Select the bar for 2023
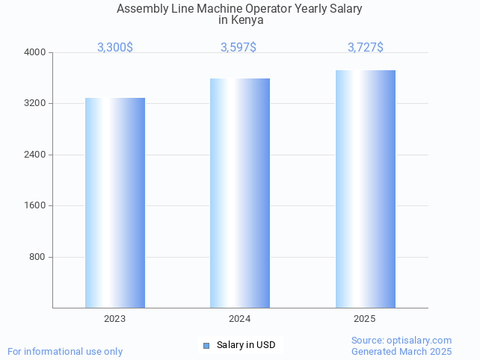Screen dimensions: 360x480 (115, 202)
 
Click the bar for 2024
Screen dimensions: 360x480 (240, 193)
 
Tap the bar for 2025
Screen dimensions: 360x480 (365, 189)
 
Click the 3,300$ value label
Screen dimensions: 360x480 (115, 47)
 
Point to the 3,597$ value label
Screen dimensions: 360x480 (239, 47)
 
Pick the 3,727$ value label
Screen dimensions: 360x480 (366, 47)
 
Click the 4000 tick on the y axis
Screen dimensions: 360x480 (35, 52)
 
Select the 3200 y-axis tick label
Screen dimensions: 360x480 (35, 103)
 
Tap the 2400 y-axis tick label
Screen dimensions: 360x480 (35, 155)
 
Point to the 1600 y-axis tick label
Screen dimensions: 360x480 (35, 205)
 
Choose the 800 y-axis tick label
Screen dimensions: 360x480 (37, 257)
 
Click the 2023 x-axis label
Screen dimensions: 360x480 (115, 319)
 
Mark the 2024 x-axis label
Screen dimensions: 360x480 (240, 319)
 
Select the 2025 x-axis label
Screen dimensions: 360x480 (365, 319)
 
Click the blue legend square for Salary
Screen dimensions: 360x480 (206, 345)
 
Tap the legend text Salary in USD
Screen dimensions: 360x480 (246, 345)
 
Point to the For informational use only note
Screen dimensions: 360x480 (65, 351)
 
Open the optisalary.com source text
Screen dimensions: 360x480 (401, 340)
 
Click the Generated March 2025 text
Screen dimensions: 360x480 (401, 351)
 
